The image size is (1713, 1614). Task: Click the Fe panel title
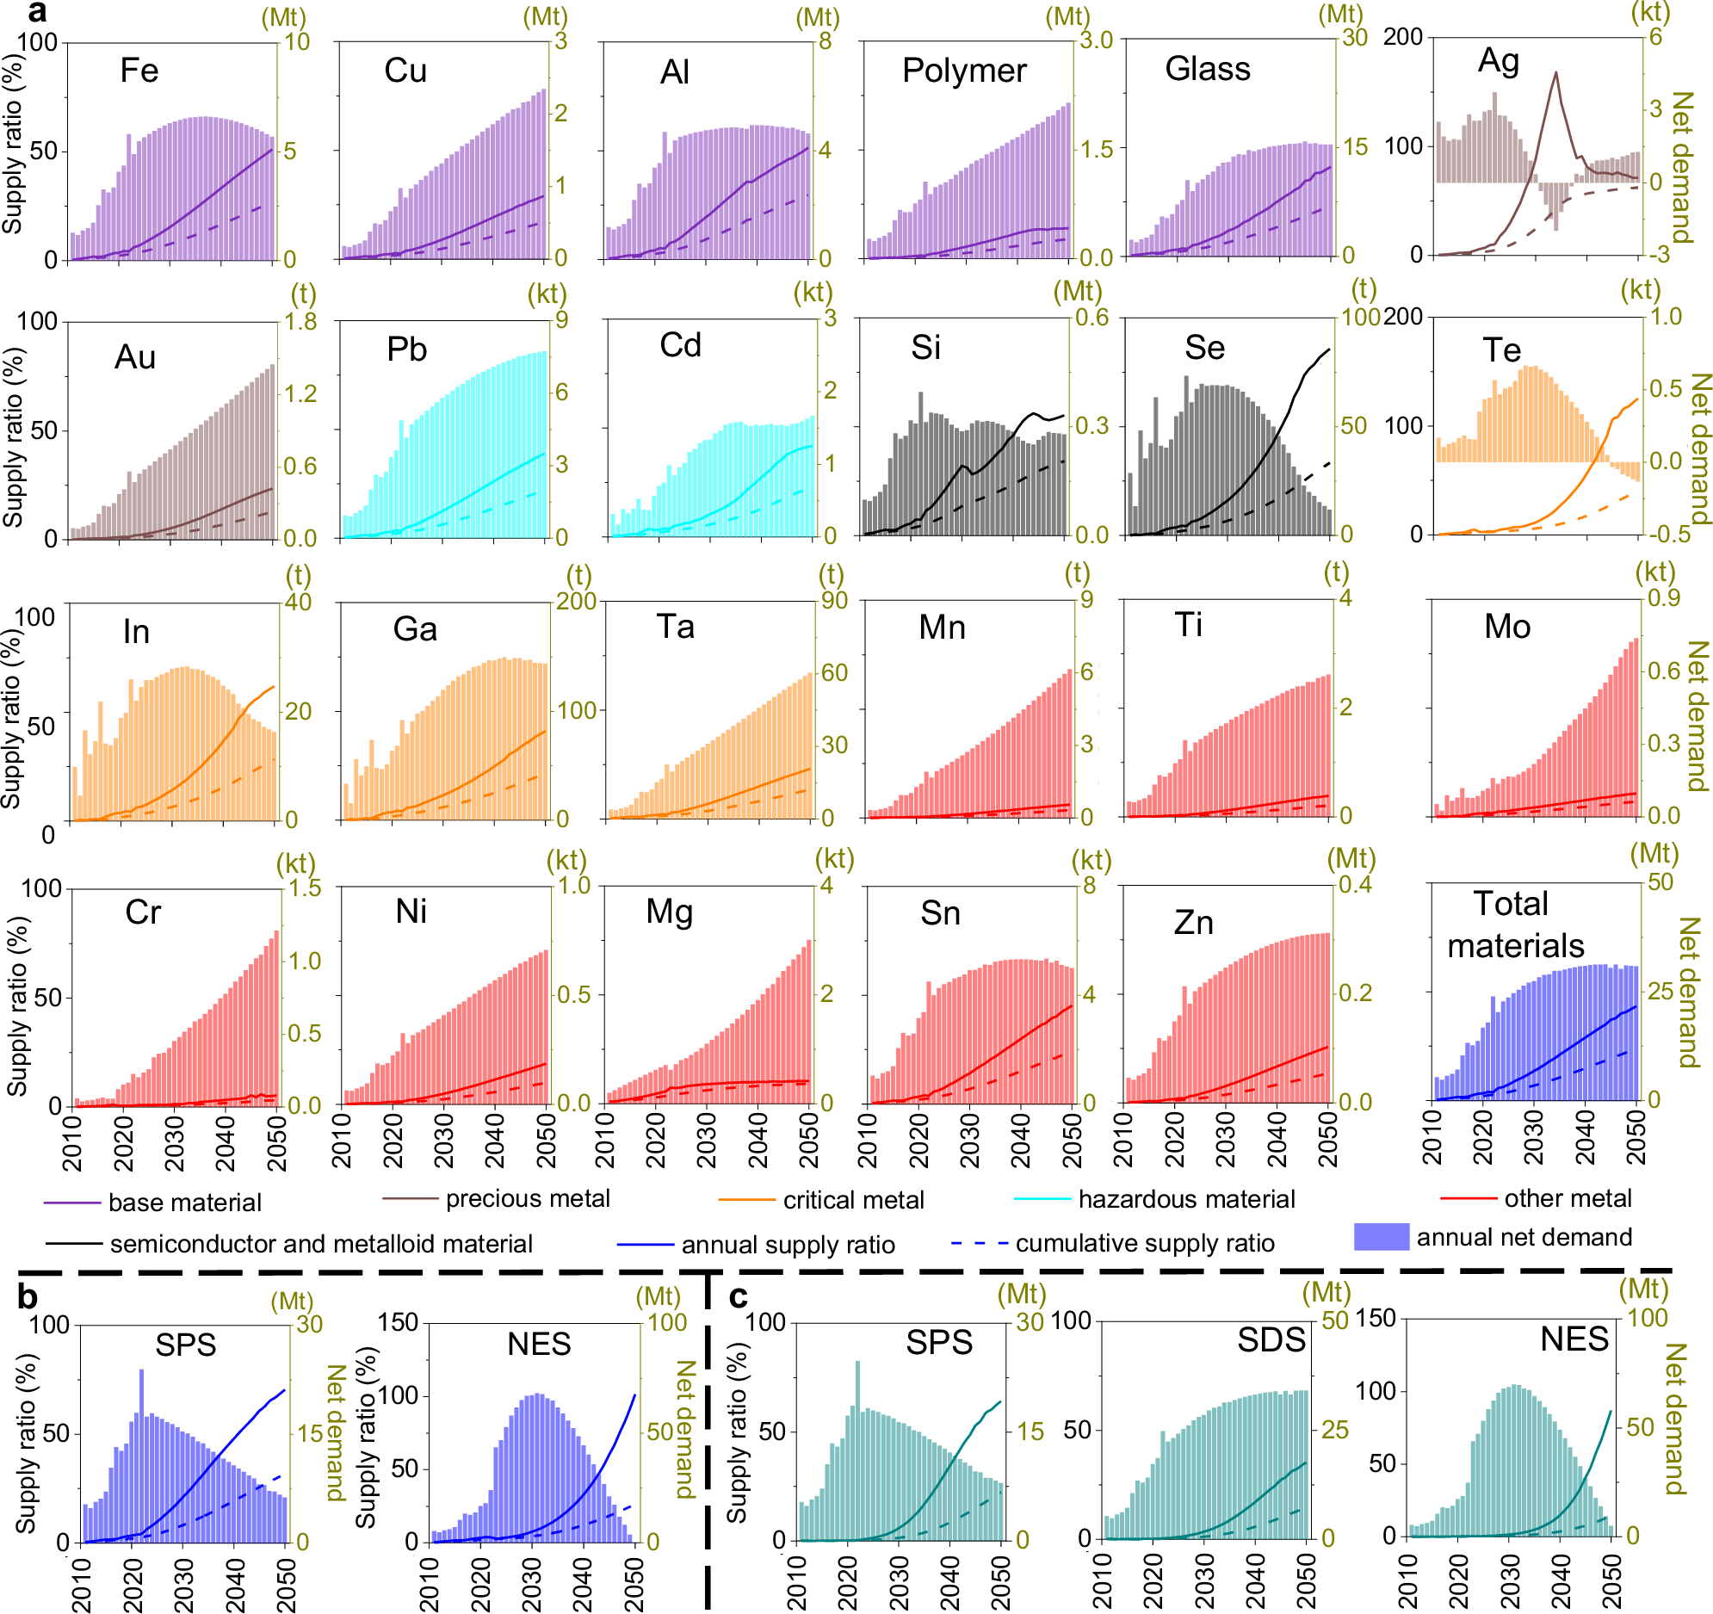139,71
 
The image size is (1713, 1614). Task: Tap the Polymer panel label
963,71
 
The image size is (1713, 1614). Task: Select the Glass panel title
1206,69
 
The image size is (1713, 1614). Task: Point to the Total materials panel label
1514,924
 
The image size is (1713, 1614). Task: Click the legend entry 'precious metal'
528,1198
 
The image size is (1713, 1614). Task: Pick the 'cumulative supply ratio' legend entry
1144,1244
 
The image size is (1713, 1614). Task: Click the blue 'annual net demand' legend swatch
1382,1238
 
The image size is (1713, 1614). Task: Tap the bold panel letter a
37,12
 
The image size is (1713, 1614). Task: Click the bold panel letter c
739,1297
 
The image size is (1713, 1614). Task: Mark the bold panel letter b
28,1298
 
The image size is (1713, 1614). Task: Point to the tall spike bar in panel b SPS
141,1374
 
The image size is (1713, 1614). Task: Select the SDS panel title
1271,1340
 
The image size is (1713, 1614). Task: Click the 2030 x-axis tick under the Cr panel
175,1141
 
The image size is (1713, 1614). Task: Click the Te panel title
1501,350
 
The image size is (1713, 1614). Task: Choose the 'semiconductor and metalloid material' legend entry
320,1245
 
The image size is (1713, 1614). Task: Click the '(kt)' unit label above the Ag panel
1650,12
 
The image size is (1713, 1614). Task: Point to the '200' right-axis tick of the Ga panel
577,601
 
